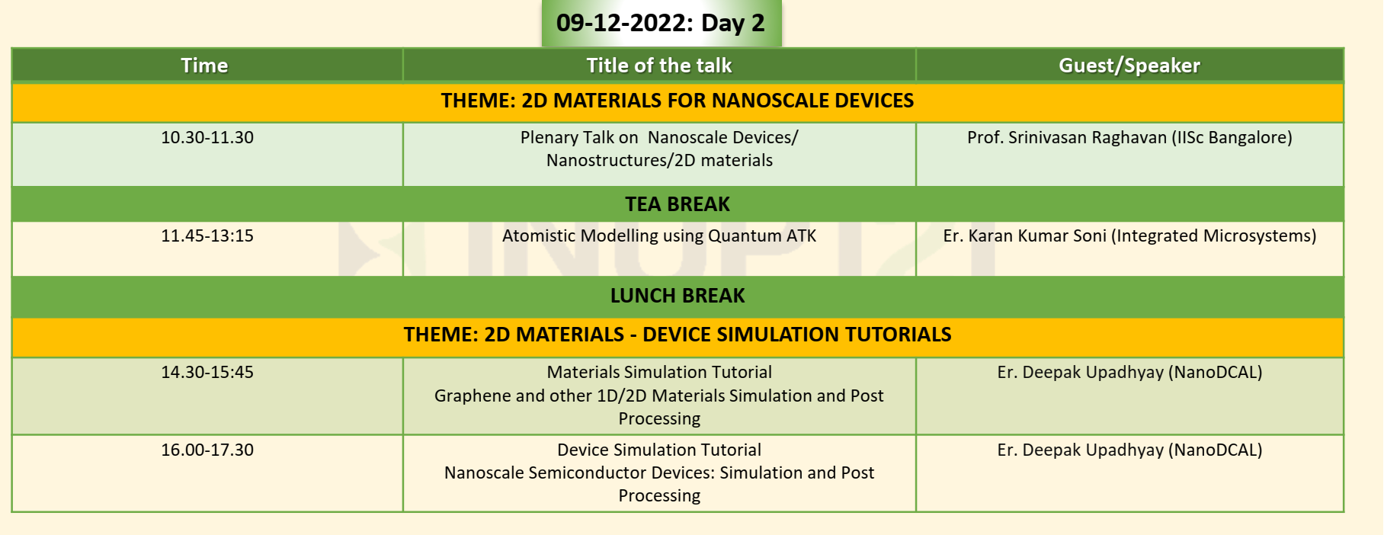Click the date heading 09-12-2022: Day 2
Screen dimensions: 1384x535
click(660, 23)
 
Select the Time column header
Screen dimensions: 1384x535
click(204, 66)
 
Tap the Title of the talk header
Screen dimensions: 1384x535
click(659, 66)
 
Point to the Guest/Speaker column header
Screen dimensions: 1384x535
click(1129, 66)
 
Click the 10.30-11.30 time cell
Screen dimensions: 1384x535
click(207, 137)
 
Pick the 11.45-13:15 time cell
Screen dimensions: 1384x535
click(207, 235)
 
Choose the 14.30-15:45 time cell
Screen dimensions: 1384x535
click(207, 372)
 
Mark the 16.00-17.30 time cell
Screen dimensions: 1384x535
click(207, 450)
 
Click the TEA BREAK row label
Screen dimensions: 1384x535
click(678, 204)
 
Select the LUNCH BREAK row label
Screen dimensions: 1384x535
click(678, 296)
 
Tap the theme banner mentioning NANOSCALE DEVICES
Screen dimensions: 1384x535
click(678, 101)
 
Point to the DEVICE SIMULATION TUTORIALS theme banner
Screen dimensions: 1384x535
click(678, 335)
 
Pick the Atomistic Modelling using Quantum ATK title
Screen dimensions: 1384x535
click(659, 235)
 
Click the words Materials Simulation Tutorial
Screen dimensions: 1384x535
click(659, 372)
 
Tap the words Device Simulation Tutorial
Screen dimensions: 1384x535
click(659, 450)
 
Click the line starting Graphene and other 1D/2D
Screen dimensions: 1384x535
click(659, 396)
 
